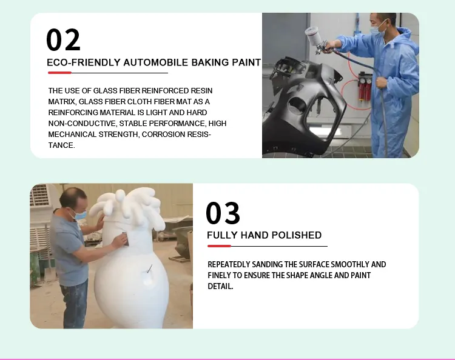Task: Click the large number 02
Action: [63, 39]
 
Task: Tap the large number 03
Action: [223, 213]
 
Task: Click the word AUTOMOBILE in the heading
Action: [155, 62]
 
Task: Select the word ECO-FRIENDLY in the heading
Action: [84, 62]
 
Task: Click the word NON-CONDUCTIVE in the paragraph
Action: [83, 124]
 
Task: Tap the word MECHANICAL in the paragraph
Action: [72, 135]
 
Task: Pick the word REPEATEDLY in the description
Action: [229, 264]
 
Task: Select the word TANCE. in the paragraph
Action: [61, 145]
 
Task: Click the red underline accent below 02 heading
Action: [59, 73]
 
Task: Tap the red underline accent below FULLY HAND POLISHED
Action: [219, 246]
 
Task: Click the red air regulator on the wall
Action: [365, 88]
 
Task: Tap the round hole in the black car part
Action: [297, 107]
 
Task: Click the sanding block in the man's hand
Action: [125, 239]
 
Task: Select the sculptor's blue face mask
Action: [79, 215]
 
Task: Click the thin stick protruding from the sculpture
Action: [149, 268]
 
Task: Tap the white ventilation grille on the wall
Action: [40, 195]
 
